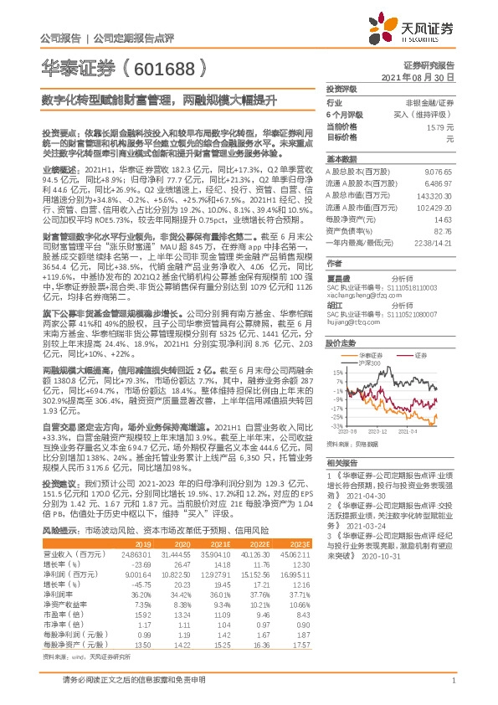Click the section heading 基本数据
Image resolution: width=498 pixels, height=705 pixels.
pyautogui.click(x=341, y=158)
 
